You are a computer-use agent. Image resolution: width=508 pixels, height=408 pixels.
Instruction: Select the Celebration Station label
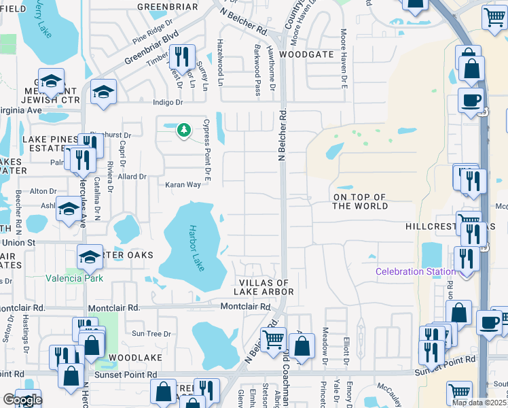pos(416,272)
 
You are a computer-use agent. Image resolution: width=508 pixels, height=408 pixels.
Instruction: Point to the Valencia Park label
pos(73,277)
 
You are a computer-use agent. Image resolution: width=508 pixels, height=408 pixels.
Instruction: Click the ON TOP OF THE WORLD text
pos(360,201)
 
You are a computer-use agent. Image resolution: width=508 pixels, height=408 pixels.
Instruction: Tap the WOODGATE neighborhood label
pos(306,54)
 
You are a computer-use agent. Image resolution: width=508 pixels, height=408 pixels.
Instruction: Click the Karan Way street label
pos(183,184)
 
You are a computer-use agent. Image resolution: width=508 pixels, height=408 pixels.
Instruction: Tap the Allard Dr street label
pos(132,176)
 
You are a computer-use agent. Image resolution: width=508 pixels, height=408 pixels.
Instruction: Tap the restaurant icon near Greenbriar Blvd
pos(181,57)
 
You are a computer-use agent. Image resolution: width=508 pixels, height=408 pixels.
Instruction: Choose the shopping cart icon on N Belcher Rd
pos(273,338)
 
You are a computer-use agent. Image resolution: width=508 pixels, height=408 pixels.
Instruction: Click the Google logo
pos(22,400)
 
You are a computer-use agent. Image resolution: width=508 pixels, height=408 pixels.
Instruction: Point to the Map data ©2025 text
pos(479,403)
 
